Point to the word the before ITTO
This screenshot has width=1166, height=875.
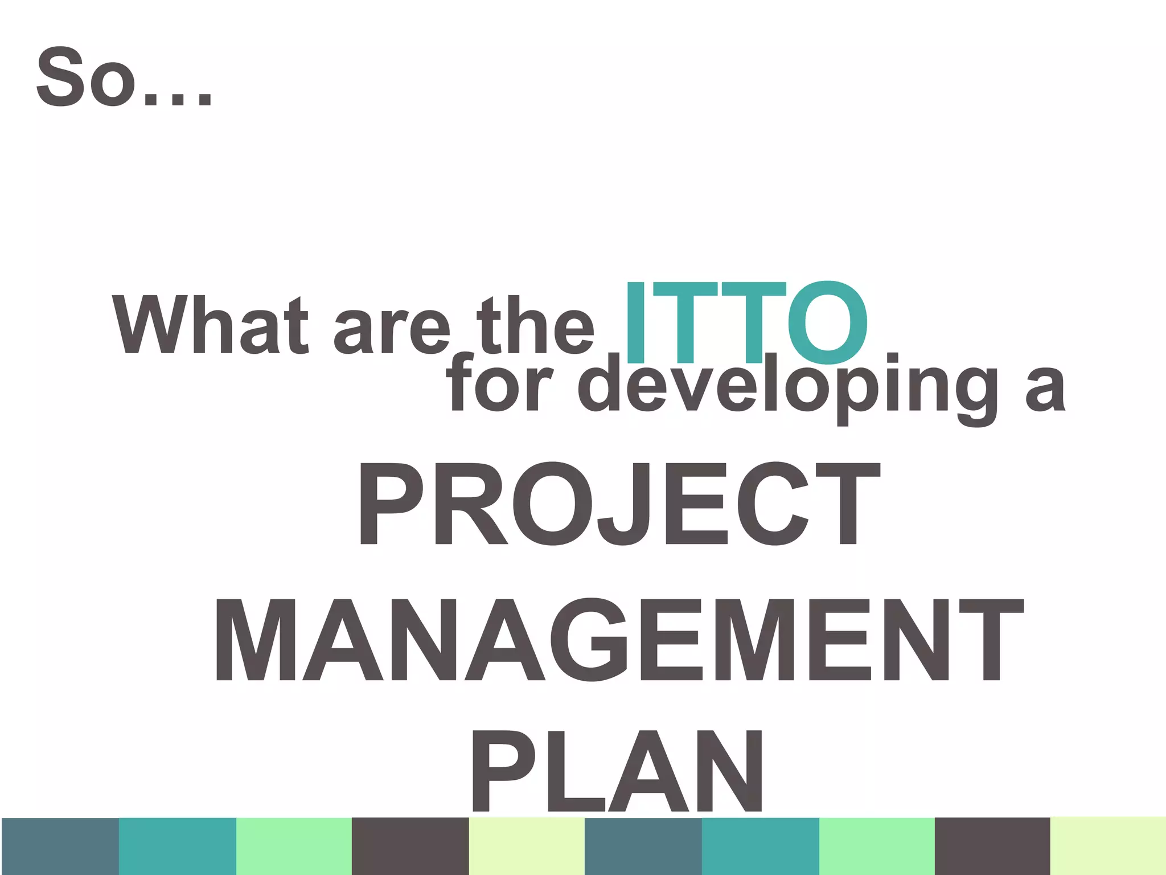click(x=535, y=325)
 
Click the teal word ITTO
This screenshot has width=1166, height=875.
click(x=746, y=322)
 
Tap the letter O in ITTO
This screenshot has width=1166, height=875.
click(x=828, y=322)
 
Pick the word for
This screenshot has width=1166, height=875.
click(x=500, y=383)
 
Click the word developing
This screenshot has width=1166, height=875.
click(x=788, y=385)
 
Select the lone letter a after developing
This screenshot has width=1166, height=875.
click(x=1044, y=387)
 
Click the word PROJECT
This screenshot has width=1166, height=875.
click(x=619, y=503)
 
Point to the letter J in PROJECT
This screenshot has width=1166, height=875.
click(x=625, y=503)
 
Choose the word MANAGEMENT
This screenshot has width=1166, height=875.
click(x=619, y=639)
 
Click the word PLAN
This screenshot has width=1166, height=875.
click(x=617, y=772)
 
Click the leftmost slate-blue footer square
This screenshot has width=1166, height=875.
click(x=60, y=846)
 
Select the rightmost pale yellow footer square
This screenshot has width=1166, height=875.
click(x=1108, y=846)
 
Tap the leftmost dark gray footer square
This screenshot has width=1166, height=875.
click(x=410, y=846)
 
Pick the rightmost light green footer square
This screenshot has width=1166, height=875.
click(x=877, y=846)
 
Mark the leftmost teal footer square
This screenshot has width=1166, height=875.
click(x=177, y=846)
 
